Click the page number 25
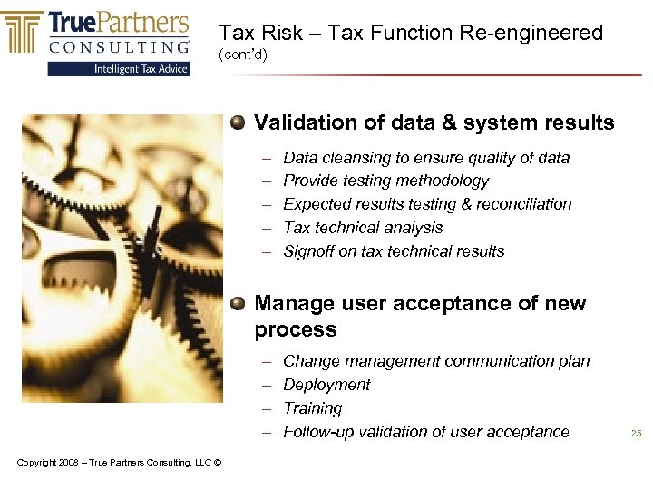(x=636, y=434)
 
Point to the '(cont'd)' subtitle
(x=243, y=55)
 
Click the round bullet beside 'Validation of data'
(x=238, y=122)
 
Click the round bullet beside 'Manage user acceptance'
(x=238, y=302)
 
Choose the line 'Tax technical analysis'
(x=363, y=228)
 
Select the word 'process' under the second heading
(x=296, y=329)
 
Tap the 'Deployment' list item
(x=326, y=385)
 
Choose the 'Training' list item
(x=313, y=408)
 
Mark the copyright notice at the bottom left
(x=119, y=463)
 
